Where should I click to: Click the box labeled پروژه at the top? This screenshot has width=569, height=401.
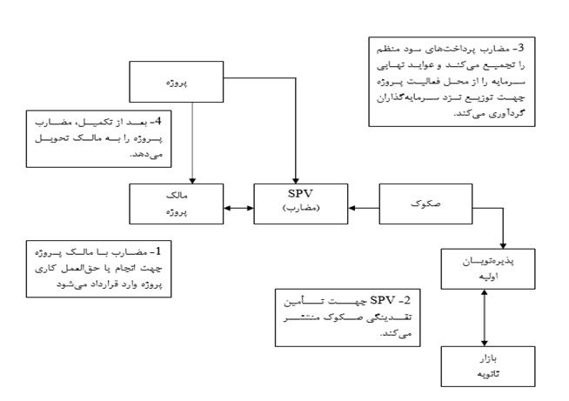point(177,82)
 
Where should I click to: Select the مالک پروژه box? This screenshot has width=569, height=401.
point(177,204)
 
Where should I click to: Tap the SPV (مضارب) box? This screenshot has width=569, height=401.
point(301,204)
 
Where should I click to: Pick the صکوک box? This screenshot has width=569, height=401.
point(425,204)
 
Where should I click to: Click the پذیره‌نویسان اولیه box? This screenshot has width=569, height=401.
point(488,269)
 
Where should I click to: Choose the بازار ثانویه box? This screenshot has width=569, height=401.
point(488,366)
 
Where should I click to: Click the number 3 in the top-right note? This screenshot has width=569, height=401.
point(521,48)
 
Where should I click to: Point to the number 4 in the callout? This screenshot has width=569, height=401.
point(157,121)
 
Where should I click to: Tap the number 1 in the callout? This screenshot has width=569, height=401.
point(157,251)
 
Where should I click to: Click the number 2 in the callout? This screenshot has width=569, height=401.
point(407,300)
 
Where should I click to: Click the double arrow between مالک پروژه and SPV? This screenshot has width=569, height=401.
point(238,208)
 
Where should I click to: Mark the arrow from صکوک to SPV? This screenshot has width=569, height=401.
point(364,208)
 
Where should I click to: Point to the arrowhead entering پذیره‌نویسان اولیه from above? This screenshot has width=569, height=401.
point(503,245)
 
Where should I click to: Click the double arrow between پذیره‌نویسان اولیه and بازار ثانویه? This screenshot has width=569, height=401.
point(484,317)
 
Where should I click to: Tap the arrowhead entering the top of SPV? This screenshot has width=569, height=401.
point(296,180)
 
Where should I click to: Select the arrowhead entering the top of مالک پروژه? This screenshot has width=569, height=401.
point(192,180)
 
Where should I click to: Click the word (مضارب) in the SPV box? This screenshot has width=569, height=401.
point(301,208)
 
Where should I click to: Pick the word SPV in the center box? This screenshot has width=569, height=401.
point(300,193)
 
